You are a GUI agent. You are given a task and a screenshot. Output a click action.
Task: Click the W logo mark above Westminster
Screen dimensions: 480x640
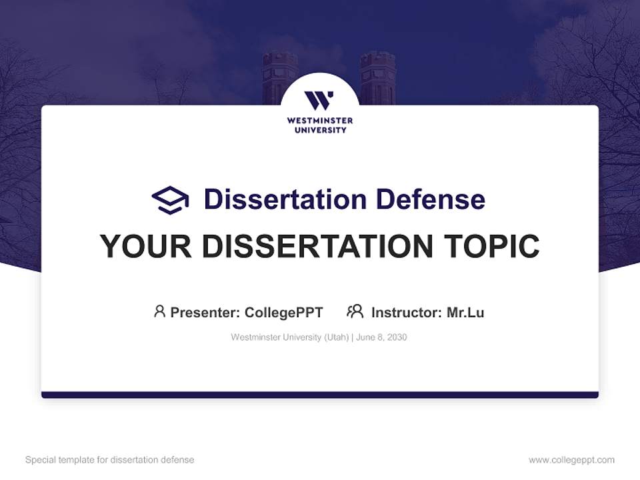coord(319,101)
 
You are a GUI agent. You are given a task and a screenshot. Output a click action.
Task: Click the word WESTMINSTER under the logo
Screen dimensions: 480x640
coord(320,121)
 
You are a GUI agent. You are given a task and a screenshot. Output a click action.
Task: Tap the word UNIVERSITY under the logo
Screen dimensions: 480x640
coord(320,130)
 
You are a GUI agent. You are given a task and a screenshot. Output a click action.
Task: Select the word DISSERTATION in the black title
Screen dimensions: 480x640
coord(317,246)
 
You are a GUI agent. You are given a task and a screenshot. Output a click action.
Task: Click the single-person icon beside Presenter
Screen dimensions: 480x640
coord(159,311)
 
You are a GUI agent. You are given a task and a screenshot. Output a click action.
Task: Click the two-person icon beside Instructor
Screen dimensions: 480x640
coord(355,311)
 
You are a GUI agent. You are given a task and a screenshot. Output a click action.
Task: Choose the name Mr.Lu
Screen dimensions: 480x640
coord(465,312)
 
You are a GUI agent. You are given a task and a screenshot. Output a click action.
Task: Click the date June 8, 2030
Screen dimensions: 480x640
coord(381,337)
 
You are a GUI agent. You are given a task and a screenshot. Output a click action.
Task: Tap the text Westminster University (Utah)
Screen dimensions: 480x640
coord(289,337)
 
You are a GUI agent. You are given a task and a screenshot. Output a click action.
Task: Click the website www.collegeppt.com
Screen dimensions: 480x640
coord(571,460)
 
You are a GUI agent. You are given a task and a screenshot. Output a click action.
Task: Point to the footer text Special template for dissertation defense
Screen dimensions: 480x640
coord(110,460)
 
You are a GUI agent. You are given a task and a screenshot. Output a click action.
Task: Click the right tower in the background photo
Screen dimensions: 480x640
coord(377,77)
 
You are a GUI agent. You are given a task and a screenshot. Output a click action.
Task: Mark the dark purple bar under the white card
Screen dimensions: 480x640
coord(320,395)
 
